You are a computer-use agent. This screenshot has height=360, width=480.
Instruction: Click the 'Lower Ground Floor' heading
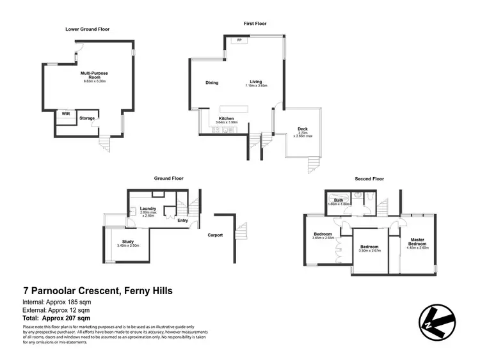pyautogui.click(x=87, y=29)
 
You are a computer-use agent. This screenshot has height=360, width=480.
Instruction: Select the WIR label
pyautogui.click(x=65, y=113)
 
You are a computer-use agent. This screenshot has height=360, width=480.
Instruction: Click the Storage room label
pyautogui.click(x=87, y=118)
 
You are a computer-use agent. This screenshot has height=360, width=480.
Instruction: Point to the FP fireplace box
pyautogui.click(x=240, y=41)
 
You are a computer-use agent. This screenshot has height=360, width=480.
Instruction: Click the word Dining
pyautogui.click(x=212, y=82)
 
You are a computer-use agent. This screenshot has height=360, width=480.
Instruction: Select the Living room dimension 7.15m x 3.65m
pyautogui.click(x=255, y=86)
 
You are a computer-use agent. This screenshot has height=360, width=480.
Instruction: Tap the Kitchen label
pyautogui.click(x=226, y=118)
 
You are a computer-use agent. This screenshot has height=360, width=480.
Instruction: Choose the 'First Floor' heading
pyautogui.click(x=255, y=24)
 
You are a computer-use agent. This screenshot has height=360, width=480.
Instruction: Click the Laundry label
pyautogui.click(x=148, y=208)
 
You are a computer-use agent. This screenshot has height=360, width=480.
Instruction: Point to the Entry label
pyautogui.click(x=183, y=221)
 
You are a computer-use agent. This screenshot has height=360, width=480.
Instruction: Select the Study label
pyautogui.click(x=128, y=242)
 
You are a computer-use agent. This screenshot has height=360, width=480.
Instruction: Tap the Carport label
pyautogui.click(x=215, y=235)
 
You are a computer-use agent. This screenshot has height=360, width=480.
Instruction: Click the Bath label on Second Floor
pyautogui.click(x=337, y=200)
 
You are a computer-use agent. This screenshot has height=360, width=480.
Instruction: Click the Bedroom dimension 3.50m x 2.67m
pyautogui.click(x=370, y=251)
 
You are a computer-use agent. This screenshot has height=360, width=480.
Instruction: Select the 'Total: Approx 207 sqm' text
pyautogui.click(x=56, y=318)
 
